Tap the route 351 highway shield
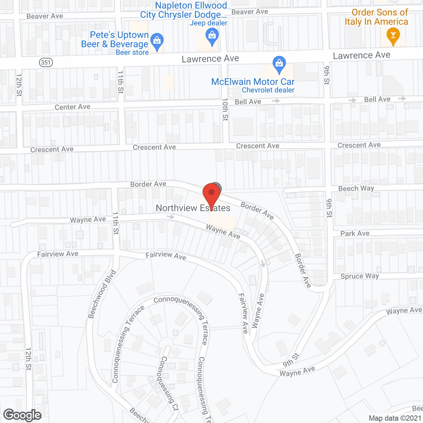pos(46,62)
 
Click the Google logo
pos(22,415)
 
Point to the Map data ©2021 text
pos(395,418)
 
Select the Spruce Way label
pos(360,276)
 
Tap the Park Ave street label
pos(355,233)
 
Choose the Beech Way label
pos(356,188)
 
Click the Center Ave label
pos(72,107)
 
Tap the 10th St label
pos(225,109)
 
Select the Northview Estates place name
pos(193,208)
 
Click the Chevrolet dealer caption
pos(268,90)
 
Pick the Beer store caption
pos(132,53)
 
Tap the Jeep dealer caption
pos(208,23)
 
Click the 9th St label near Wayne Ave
pos(291,360)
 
